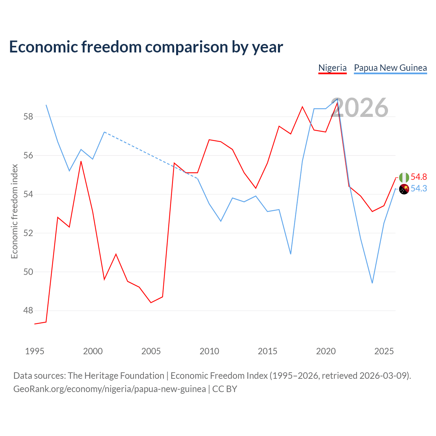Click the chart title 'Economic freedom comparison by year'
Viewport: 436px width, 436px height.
(x=146, y=47)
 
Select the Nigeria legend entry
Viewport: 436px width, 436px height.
(x=332, y=68)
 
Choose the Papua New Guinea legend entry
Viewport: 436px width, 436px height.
(x=390, y=68)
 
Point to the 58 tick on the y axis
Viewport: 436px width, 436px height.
(x=28, y=117)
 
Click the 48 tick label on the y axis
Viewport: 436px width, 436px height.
(x=28, y=310)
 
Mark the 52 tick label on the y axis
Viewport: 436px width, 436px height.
(x=28, y=233)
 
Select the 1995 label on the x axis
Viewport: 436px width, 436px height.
(x=35, y=352)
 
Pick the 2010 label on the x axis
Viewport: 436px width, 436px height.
(x=209, y=352)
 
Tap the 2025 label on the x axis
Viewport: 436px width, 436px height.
(x=384, y=352)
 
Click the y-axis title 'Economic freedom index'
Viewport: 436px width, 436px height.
(x=15, y=211)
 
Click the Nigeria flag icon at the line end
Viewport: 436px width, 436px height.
(x=404, y=177)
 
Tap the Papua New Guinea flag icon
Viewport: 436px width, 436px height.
(x=404, y=189)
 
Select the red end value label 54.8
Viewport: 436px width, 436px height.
(x=419, y=177)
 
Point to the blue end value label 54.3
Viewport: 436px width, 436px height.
(x=419, y=188)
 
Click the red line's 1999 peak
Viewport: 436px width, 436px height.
(x=81, y=161)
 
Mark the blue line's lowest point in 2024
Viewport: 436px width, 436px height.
(x=372, y=283)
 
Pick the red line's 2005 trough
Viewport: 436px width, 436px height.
(x=151, y=302)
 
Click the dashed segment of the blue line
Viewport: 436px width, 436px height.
(x=151, y=155)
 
